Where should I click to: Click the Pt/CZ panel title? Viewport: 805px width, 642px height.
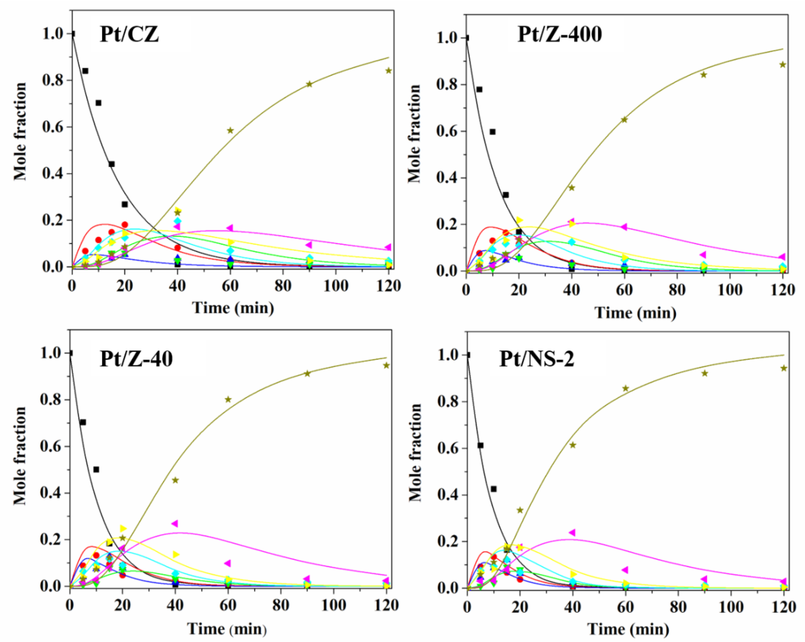point(129,34)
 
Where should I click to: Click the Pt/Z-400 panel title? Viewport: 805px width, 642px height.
point(559,35)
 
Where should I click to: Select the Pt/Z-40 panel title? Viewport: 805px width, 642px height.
point(136,359)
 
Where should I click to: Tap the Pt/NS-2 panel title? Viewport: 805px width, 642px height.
point(537,359)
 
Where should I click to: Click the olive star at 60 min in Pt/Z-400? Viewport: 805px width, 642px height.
point(624,119)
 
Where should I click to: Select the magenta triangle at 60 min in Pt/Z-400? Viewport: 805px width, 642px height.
point(624,227)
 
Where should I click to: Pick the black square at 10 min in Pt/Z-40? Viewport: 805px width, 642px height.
point(96,469)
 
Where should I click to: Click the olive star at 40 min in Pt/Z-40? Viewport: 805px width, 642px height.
point(175,480)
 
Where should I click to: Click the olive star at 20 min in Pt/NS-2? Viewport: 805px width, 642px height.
point(520,510)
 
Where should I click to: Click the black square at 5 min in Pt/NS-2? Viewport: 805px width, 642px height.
point(481,445)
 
